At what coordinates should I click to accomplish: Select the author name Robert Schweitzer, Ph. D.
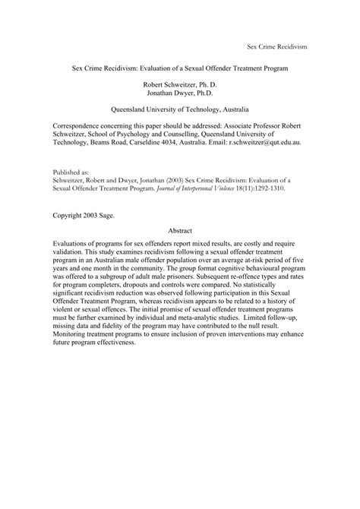(180, 79)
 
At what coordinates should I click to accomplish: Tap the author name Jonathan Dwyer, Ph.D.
(180, 89)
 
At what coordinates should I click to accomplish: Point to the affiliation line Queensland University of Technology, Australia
(180, 108)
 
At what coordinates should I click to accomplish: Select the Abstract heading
(180, 230)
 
